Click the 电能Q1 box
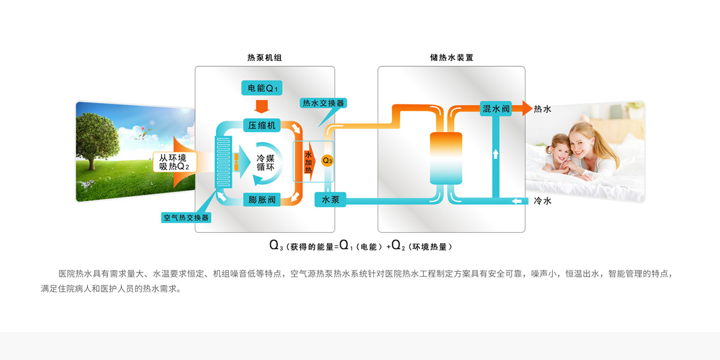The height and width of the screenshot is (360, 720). [262, 88]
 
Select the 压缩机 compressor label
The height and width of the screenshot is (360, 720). [262, 125]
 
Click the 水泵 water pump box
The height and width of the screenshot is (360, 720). [331, 200]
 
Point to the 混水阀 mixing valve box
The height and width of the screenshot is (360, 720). [497, 109]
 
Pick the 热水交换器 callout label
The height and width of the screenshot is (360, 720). [323, 103]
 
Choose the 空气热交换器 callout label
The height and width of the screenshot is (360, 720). [186, 217]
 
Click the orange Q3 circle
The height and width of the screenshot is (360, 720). [327, 160]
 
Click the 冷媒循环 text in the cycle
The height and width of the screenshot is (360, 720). [265, 163]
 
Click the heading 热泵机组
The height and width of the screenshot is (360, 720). [265, 58]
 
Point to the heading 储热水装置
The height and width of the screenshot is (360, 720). [451, 58]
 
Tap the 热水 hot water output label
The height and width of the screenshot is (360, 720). [542, 109]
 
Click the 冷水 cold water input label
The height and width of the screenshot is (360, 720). [542, 201]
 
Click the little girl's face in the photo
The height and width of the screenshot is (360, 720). [559, 154]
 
